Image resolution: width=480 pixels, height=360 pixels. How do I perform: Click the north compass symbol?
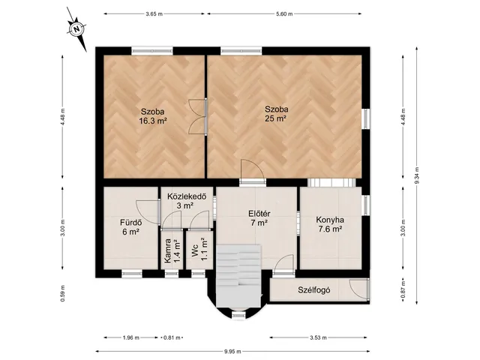(x=77, y=29)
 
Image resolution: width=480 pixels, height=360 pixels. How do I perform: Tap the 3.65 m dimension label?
(x=154, y=13)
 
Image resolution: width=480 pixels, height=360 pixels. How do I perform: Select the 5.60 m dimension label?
(x=284, y=13)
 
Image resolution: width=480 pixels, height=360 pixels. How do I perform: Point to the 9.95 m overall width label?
(x=232, y=352)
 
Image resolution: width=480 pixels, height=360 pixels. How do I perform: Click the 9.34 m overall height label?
(x=417, y=175)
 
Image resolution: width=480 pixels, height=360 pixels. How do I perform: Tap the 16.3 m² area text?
(x=153, y=121)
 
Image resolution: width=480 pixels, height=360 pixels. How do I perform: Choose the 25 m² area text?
(x=276, y=118)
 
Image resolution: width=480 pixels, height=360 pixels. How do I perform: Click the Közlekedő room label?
(x=187, y=196)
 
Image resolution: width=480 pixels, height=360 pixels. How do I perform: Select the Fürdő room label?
(x=131, y=222)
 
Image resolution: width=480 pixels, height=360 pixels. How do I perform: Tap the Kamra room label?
(x=167, y=251)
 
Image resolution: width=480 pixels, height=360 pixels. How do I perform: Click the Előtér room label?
(x=259, y=214)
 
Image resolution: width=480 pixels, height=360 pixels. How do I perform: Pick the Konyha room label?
(x=330, y=220)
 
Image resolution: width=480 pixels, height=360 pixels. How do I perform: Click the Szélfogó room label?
(x=314, y=290)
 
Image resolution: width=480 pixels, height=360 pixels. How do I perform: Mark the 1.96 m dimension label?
(x=131, y=337)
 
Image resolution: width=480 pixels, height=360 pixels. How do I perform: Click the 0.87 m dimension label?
(x=403, y=290)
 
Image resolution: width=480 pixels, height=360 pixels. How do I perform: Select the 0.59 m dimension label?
(x=62, y=293)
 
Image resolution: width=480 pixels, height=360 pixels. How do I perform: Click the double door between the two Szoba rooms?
(x=198, y=117)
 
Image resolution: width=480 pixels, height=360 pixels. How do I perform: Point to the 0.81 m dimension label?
(x=172, y=337)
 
